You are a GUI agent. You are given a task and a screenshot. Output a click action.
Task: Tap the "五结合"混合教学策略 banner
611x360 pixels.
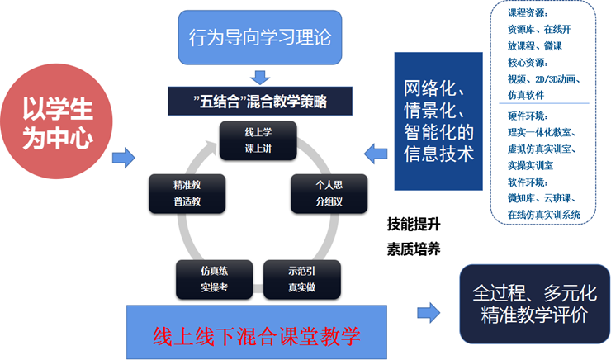(261, 102)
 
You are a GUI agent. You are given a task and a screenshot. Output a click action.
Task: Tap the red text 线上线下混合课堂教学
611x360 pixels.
(258, 336)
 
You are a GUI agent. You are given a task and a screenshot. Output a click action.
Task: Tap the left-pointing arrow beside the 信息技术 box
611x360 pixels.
(377, 151)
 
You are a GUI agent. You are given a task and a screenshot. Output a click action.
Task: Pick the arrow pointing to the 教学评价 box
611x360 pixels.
(428, 312)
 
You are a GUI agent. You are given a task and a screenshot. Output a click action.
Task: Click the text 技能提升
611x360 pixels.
(414, 224)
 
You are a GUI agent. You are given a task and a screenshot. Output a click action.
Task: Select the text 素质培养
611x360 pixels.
(414, 248)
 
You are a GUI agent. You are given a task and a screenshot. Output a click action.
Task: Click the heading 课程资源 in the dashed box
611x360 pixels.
(527, 13)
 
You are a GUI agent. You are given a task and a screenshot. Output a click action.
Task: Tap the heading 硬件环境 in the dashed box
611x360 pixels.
(528, 116)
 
